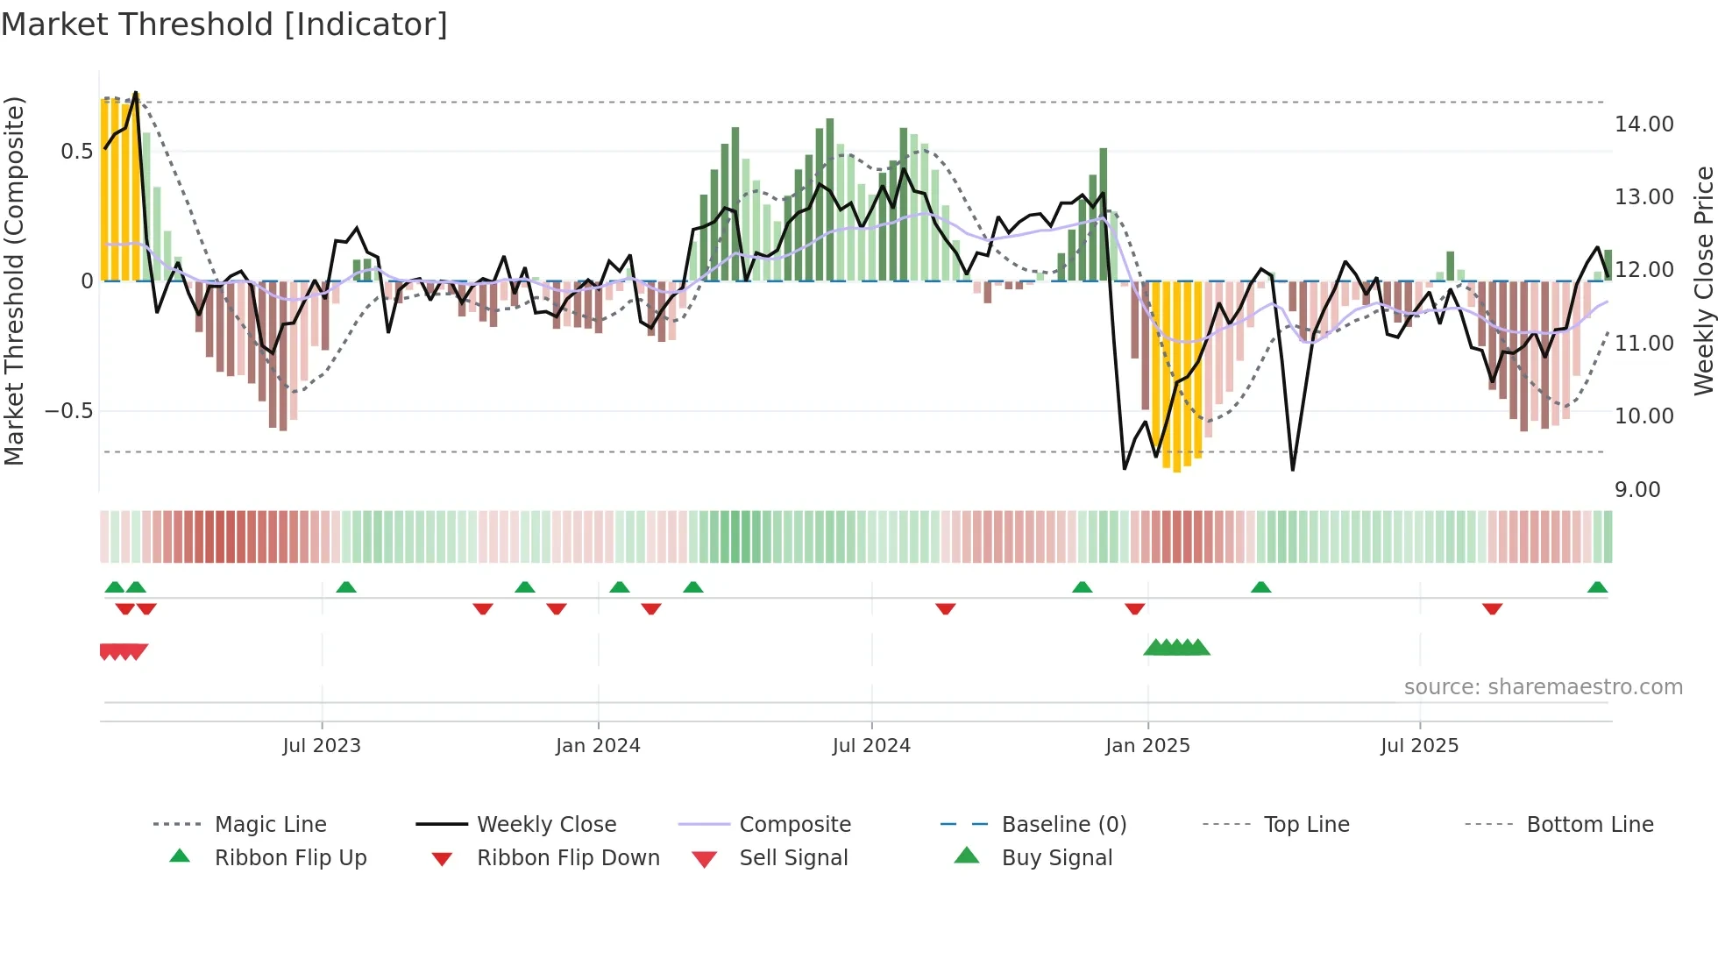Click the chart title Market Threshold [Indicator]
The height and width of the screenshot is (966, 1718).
[x=224, y=25]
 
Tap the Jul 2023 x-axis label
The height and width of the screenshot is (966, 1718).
[x=322, y=746]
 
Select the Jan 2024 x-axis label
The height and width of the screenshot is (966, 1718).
[x=598, y=746]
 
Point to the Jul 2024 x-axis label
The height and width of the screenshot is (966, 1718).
[x=871, y=746]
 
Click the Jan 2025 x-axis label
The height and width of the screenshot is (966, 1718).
[x=1147, y=746]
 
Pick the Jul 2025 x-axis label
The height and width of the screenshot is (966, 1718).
[x=1419, y=746]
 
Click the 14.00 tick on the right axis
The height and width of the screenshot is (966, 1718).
[x=1644, y=124]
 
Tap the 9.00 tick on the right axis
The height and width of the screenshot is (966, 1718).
[x=1637, y=490]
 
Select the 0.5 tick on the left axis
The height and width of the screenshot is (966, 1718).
[x=77, y=152]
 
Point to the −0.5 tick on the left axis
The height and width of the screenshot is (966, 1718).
[x=69, y=411]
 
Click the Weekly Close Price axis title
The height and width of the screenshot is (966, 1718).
[x=1703, y=281]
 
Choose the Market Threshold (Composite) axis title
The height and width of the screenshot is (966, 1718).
[x=14, y=281]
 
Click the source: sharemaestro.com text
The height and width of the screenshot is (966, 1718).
[x=1543, y=687]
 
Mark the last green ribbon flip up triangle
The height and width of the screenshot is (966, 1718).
[x=1597, y=587]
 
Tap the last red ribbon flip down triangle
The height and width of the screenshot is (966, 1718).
[x=1492, y=608]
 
